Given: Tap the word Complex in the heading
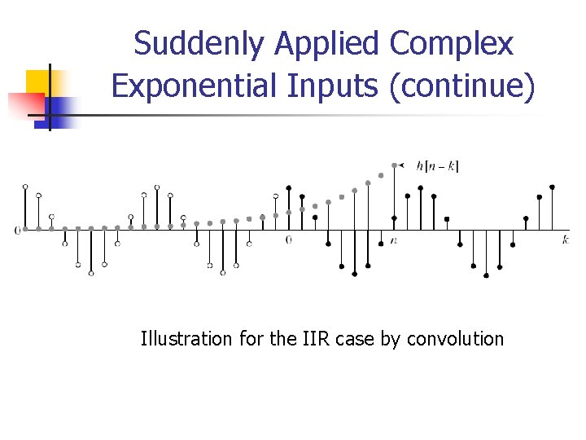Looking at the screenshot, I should pos(452,44).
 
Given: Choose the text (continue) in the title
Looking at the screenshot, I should pos(462,86).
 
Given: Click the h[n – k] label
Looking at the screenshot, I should pos(437,166).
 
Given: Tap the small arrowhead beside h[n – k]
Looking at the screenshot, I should pos(402,165).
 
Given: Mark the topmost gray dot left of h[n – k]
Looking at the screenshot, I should pos(394,165).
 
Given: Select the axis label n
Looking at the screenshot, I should pos(394,240).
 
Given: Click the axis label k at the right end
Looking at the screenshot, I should pos(565,239).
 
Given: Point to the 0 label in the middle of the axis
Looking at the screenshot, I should pos(288,240).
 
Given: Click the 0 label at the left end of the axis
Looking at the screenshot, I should pos(17,230).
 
